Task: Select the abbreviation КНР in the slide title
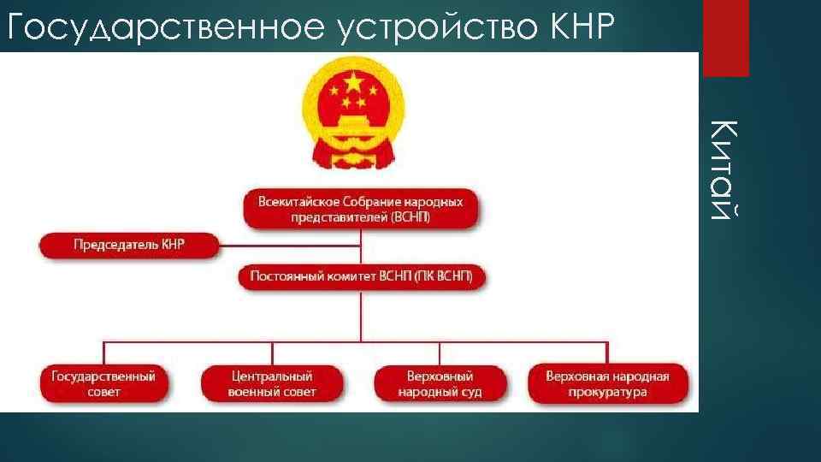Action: pyautogui.click(x=578, y=27)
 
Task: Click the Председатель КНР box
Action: pyautogui.click(x=128, y=245)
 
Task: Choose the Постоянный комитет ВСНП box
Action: pyautogui.click(x=361, y=276)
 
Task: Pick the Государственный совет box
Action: pyautogui.click(x=103, y=384)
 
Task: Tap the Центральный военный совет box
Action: pyautogui.click(x=272, y=384)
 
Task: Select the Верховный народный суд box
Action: pyautogui.click(x=440, y=384)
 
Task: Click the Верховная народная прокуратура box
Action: pyautogui.click(x=607, y=384)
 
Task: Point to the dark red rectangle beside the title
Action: pyautogui.click(x=725, y=38)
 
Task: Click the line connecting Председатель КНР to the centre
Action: pyautogui.click(x=291, y=246)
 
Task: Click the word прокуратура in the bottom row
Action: pyautogui.click(x=607, y=392)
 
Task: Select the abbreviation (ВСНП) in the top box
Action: pyautogui.click(x=410, y=217)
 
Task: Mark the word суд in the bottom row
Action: pyautogui.click(x=471, y=392)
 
